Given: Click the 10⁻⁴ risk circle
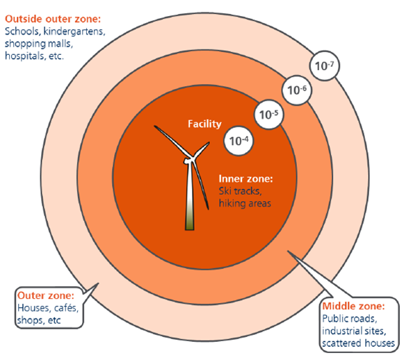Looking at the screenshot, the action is click(239, 141).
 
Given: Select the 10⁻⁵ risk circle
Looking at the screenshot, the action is click(268, 115).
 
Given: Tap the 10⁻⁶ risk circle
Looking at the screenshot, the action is click(297, 90).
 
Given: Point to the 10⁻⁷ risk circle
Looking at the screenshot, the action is click(325, 66).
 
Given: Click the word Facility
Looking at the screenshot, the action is click(204, 124).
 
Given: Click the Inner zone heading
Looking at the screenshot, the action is click(245, 179).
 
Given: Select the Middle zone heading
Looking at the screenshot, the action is click(353, 306).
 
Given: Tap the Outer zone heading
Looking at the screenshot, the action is click(46, 295).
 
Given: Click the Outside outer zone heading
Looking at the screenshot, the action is click(53, 19).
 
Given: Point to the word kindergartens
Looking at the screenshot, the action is click(74, 31).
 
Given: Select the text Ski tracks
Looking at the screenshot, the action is click(240, 191).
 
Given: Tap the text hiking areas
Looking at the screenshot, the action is click(245, 204).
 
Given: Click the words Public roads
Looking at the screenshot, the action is click(349, 319).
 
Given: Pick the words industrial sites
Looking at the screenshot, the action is click(354, 331).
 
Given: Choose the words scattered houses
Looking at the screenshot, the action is click(358, 343).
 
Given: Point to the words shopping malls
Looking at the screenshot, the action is click(39, 44).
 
